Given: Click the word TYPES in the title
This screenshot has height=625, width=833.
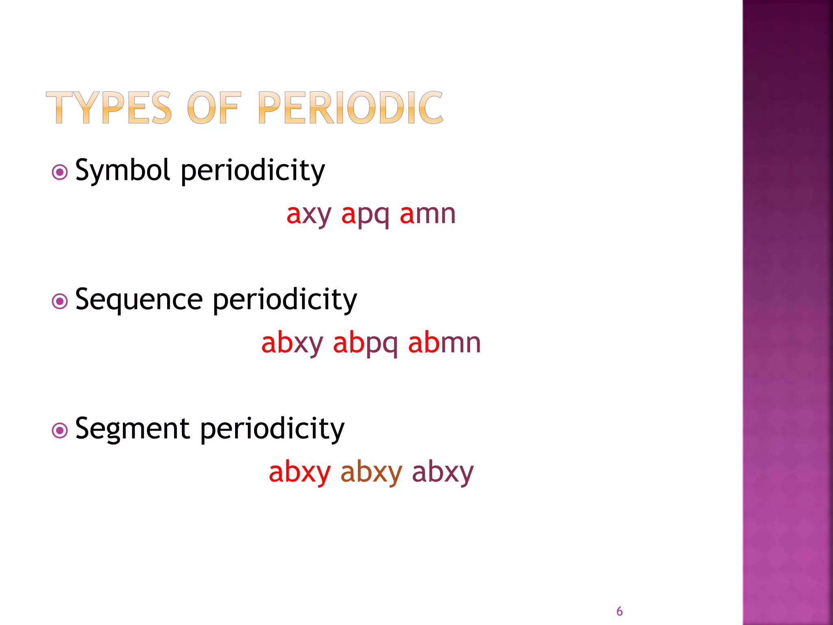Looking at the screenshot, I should (109, 107).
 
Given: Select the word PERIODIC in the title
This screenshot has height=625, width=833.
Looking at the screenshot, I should (350, 107).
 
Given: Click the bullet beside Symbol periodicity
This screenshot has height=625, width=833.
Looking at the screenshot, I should (60, 172).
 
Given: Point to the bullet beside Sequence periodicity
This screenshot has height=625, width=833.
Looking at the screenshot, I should (60, 302).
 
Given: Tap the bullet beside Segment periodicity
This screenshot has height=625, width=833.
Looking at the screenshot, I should (60, 431).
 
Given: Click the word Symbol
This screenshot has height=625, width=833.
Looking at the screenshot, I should (122, 170).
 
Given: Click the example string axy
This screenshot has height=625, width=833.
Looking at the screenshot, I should (309, 215).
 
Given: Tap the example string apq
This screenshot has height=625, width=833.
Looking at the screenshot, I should (365, 215).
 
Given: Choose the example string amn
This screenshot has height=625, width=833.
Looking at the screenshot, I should (427, 214).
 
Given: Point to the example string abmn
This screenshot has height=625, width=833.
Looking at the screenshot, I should (444, 343).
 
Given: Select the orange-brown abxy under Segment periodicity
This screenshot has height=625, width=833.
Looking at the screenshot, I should (371, 473).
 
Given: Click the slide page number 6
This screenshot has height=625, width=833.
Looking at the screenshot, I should (619, 611).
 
